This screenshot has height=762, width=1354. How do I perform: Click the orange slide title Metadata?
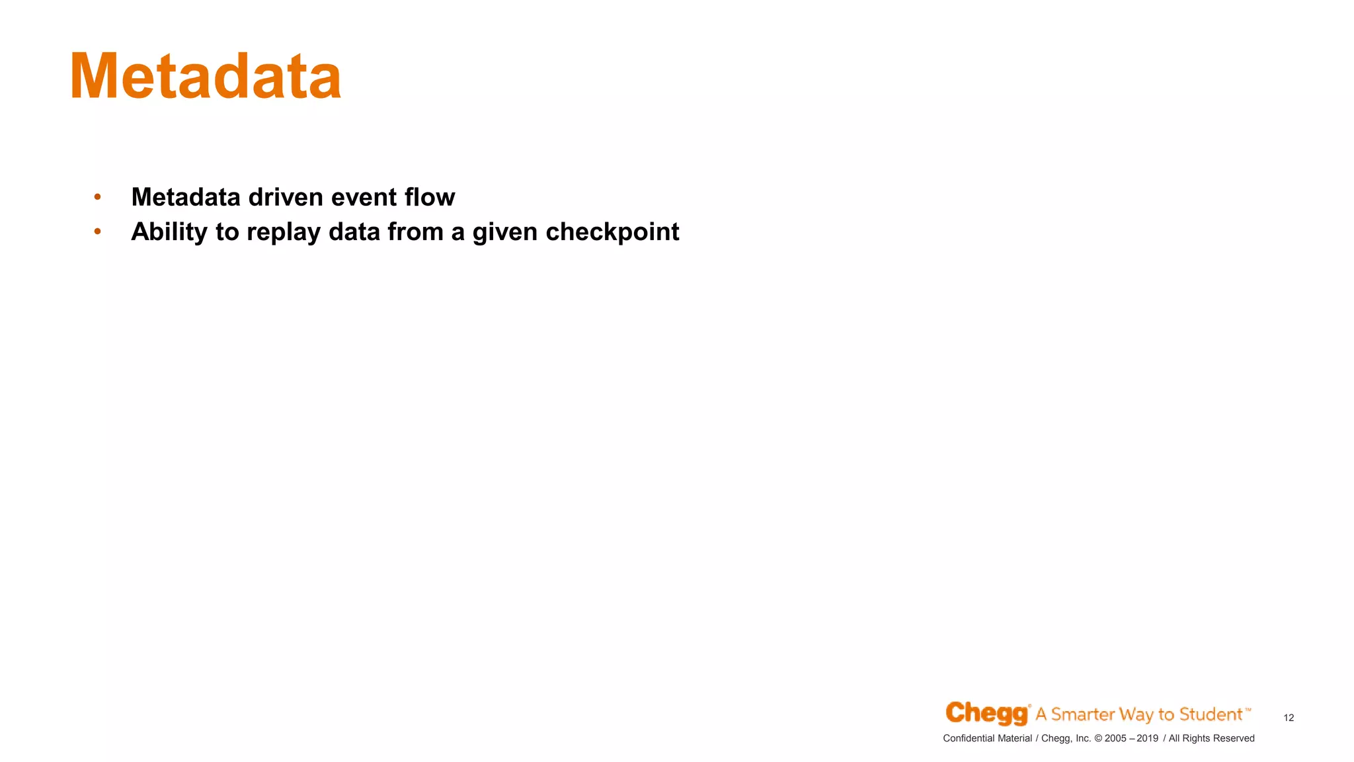coord(206,77)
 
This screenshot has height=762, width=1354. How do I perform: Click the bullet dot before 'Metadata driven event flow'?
coord(97,196)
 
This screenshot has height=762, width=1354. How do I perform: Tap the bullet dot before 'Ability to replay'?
coord(97,231)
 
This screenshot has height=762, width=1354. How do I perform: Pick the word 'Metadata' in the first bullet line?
coord(186,197)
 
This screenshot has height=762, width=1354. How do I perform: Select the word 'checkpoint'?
coord(612,232)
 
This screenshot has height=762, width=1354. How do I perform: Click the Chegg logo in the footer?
coord(987,713)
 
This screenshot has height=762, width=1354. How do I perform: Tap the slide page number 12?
coord(1289,718)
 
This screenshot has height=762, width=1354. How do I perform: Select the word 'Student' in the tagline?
coord(1211,714)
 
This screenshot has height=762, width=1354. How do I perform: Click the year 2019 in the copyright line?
coord(1147,738)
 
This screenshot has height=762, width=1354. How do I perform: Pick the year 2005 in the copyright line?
coord(1115,738)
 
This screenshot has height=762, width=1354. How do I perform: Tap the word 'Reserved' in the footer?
coord(1234,738)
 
